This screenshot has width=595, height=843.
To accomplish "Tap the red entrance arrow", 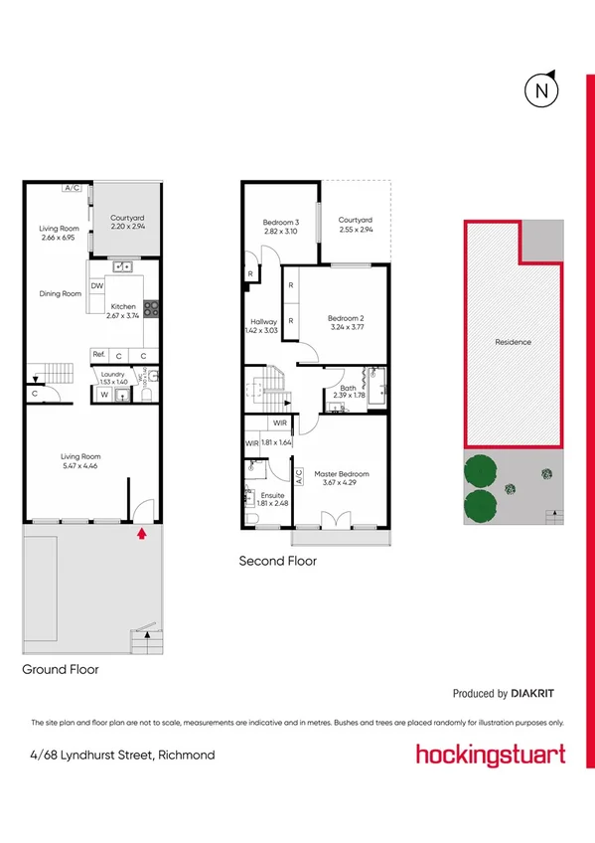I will (141, 533).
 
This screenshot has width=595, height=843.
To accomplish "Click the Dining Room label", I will (59, 293).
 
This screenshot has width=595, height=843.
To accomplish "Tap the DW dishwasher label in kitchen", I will (96, 286).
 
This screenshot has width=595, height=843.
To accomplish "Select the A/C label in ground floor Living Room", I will (71, 187).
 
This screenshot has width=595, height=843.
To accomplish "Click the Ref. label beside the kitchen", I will (98, 355).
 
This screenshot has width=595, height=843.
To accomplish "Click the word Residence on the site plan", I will (513, 342).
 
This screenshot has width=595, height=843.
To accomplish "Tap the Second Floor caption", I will (277, 561).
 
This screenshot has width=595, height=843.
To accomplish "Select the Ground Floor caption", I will (61, 670).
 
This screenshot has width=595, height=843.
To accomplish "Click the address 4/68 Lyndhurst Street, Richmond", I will (122, 755).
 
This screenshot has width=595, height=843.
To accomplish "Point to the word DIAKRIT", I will (537, 693).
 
